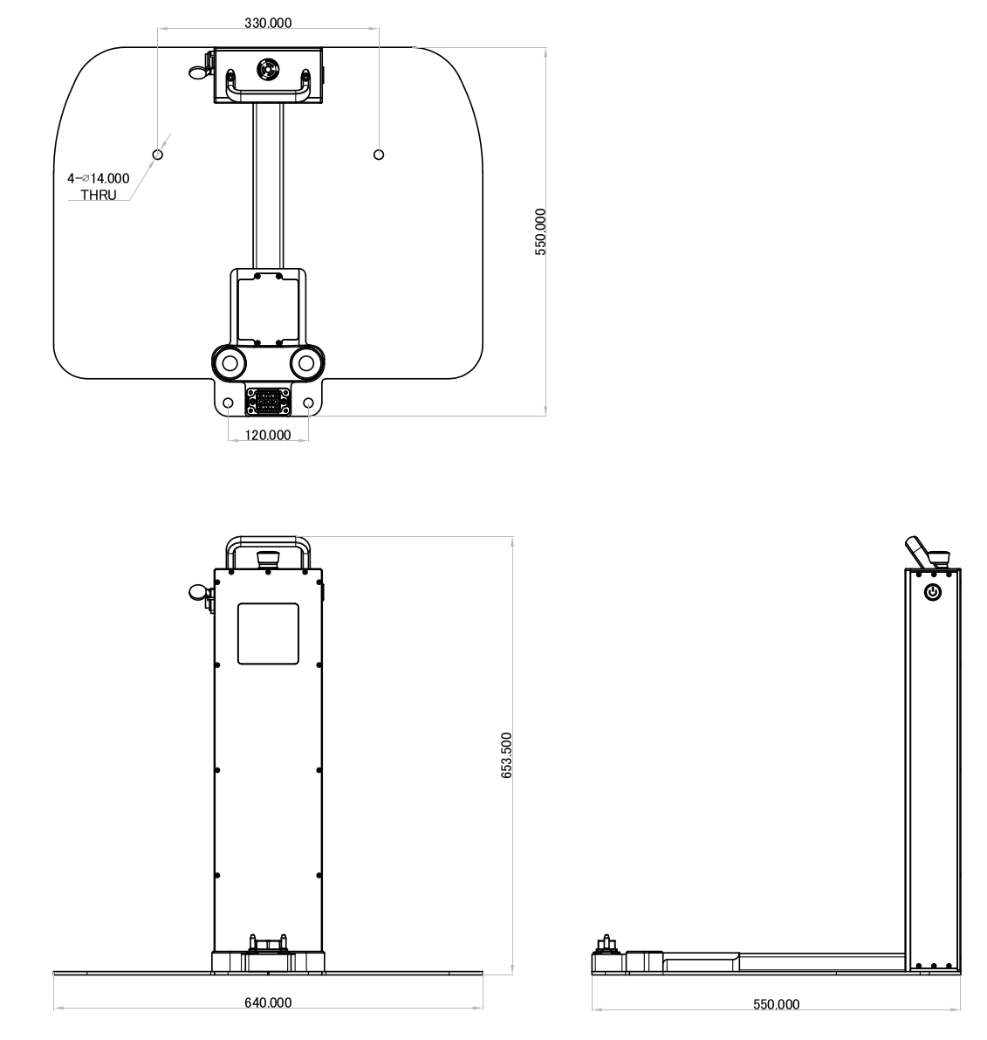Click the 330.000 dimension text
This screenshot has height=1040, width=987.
[x=269, y=23]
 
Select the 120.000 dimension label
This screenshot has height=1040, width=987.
[x=268, y=435]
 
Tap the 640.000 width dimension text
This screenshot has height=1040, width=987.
[x=268, y=1002]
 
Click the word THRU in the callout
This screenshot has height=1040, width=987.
[x=99, y=196]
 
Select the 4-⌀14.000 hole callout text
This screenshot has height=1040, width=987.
[x=98, y=178]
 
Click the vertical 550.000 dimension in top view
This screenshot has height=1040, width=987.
[x=540, y=231]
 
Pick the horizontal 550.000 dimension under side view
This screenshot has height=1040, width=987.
[x=776, y=1005]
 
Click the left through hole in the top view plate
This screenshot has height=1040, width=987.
[x=158, y=155]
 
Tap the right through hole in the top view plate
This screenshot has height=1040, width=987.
[x=378, y=155]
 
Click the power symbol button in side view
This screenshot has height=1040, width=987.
[x=933, y=593]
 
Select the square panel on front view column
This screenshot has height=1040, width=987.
[x=268, y=633]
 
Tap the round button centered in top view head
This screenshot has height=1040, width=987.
[x=267, y=68]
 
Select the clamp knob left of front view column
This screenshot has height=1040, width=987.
[x=200, y=593]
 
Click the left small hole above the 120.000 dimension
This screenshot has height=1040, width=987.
[x=229, y=403]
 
